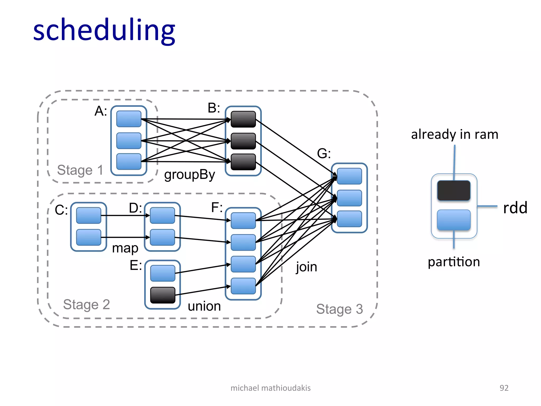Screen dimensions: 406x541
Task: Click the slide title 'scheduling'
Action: [104, 30]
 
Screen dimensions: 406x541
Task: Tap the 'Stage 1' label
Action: [80, 170]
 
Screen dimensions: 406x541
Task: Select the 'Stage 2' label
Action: [86, 304]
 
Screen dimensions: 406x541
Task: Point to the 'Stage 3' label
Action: [339, 309]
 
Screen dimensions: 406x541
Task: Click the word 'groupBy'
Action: [189, 175]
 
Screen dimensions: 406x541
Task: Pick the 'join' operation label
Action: [306, 267]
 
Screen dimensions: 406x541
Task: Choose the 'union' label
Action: [204, 306]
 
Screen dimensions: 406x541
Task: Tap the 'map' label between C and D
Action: [125, 248]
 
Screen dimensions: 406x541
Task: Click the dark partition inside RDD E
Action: [163, 295]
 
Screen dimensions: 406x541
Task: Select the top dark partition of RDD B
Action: [243, 119]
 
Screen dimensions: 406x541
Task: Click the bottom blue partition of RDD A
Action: [129, 162]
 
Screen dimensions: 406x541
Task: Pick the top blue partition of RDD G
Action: [349, 176]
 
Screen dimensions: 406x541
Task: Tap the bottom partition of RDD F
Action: [243, 286]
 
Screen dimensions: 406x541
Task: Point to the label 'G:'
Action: [324, 154]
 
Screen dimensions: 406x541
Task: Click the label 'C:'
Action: [61, 210]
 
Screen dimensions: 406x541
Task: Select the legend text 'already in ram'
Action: [454, 135]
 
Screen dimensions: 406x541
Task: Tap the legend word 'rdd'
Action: [515, 208]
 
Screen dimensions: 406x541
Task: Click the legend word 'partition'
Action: [454, 262]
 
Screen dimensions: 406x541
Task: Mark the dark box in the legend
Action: [454, 191]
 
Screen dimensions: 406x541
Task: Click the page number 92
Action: [504, 388]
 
